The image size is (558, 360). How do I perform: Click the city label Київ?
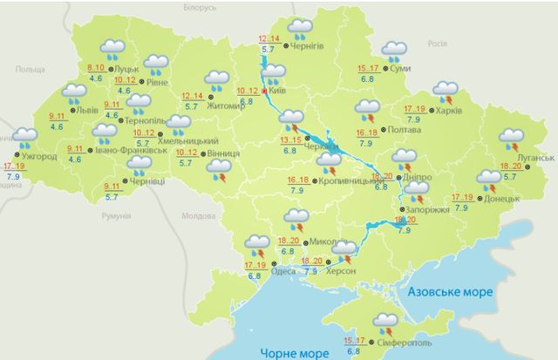(279, 91)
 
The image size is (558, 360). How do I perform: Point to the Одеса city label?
(289, 262)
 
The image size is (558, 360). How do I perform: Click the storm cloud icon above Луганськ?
(510, 139)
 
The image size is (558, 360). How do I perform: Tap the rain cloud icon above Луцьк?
(112, 49)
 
